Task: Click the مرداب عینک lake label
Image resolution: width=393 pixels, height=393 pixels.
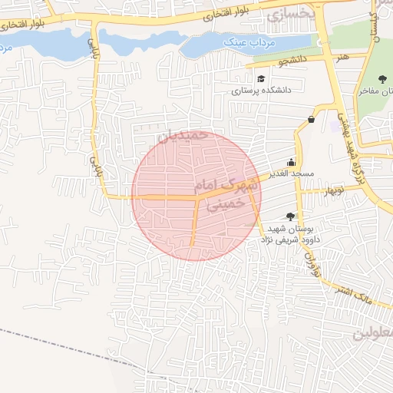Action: [x=245, y=44]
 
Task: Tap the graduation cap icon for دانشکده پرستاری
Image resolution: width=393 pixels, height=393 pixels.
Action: [x=261, y=78]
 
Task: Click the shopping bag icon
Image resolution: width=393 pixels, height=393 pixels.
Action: [x=311, y=119]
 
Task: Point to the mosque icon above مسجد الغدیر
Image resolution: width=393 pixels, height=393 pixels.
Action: [x=291, y=162]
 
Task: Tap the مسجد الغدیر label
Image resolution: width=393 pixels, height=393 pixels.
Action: [x=291, y=174]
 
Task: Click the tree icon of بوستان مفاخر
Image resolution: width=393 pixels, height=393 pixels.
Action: [x=382, y=78]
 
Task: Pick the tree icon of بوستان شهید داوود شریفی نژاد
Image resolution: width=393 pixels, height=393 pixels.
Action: [x=289, y=217]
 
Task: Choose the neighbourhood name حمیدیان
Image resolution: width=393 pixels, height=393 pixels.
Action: [x=183, y=134]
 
